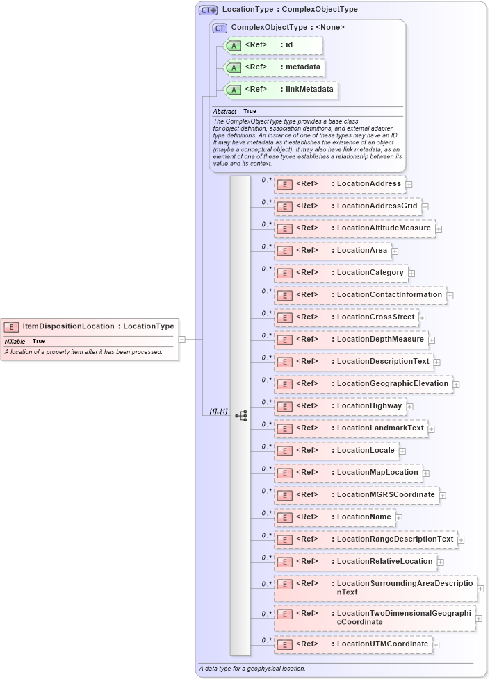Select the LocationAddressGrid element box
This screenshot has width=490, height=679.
coord(348,206)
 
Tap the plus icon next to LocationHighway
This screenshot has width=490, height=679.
coord(410,406)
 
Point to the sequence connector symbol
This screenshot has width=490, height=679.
coord(240,416)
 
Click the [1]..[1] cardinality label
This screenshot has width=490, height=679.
coord(218,412)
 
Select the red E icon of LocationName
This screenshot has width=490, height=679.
coord(284,517)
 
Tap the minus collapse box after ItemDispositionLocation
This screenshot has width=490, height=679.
coord(182,339)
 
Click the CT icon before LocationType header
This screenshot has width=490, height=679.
coord(209,10)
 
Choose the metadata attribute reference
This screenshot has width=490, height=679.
coord(273,67)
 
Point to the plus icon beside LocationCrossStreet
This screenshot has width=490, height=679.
coord(423,317)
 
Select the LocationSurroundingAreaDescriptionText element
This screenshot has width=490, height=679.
coord(375,588)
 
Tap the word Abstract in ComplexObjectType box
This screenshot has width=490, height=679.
coord(224,111)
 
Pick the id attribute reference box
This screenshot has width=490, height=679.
coord(273,45)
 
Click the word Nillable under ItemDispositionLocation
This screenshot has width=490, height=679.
coord(15,341)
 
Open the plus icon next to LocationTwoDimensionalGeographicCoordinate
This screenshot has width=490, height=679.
coord(479,618)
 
